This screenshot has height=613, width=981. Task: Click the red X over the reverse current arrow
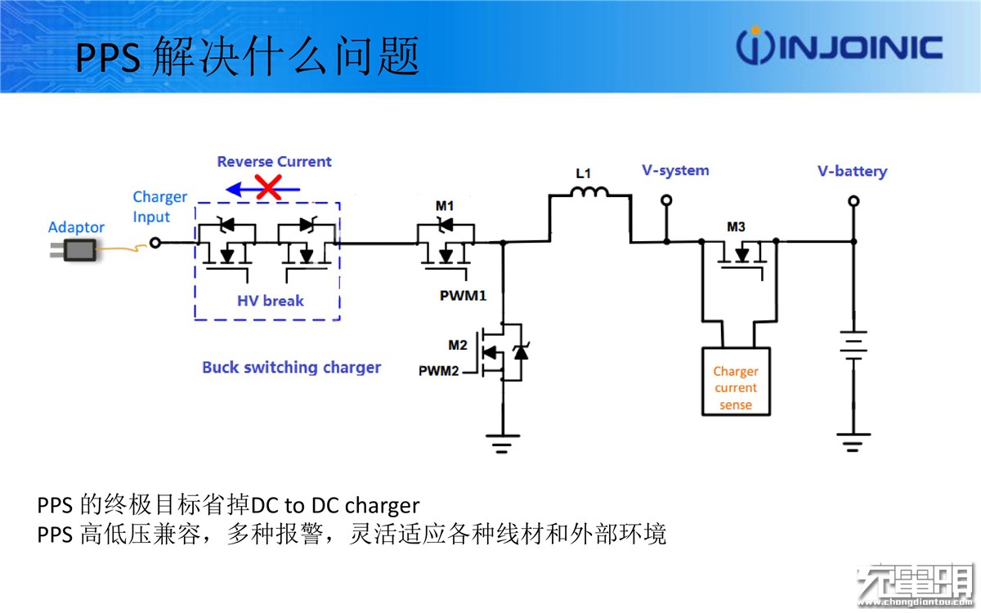(268, 187)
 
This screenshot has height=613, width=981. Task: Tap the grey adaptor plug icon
(74, 250)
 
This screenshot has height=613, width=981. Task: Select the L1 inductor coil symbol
(589, 192)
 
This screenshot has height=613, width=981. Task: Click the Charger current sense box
(736, 382)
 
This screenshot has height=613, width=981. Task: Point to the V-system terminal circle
(666, 200)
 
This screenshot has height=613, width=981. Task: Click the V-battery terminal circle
(853, 201)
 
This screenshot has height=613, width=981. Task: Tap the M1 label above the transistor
(445, 206)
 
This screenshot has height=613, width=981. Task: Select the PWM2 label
(438, 371)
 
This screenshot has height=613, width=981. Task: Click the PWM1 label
(463, 296)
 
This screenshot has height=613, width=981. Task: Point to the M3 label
(736, 227)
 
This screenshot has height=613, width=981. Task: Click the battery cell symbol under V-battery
(853, 346)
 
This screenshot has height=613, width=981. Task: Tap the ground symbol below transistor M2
(502, 444)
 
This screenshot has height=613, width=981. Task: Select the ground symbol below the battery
(853, 442)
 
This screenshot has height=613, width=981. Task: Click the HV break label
(271, 301)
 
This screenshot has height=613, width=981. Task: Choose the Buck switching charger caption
(291, 367)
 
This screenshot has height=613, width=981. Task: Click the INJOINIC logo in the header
(839, 46)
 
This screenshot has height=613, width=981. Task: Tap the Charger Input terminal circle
(155, 243)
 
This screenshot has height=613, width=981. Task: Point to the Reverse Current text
(274, 162)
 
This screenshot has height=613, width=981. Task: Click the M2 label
(458, 345)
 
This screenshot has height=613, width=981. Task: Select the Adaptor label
(76, 227)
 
